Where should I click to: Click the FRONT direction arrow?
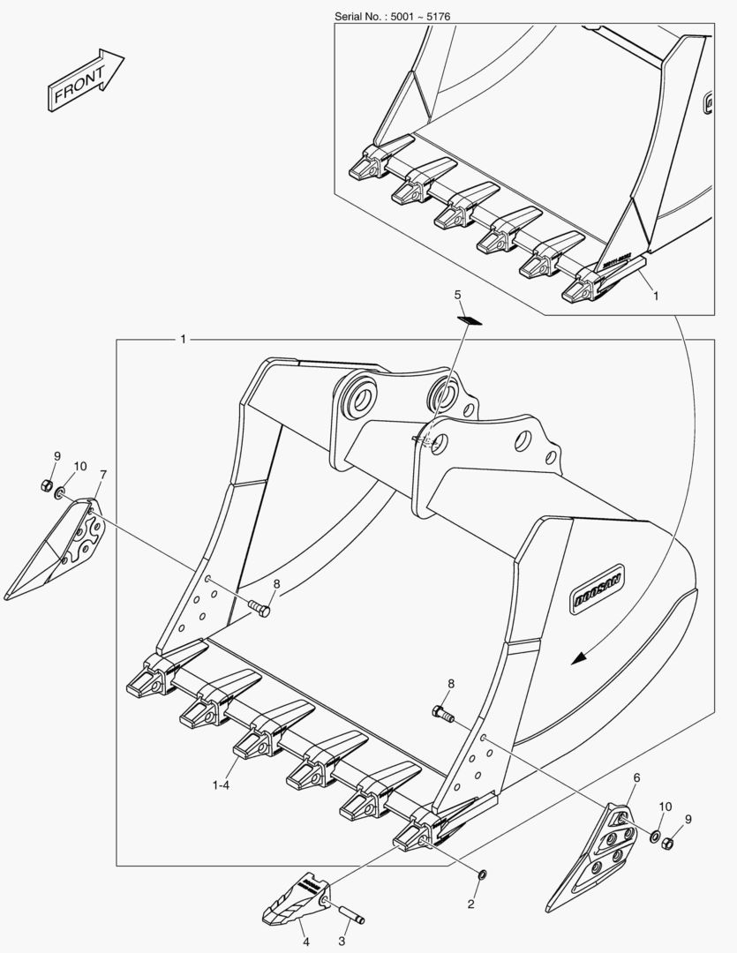click(84, 80)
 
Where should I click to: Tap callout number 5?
click(458, 294)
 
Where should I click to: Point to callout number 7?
click(103, 476)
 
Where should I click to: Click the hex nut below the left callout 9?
click(46, 484)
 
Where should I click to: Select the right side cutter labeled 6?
click(596, 852)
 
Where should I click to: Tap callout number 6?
click(637, 777)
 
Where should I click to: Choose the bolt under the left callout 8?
click(257, 607)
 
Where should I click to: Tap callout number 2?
click(470, 904)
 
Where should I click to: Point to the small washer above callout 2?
click(482, 874)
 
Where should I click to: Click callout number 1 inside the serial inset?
click(656, 297)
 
